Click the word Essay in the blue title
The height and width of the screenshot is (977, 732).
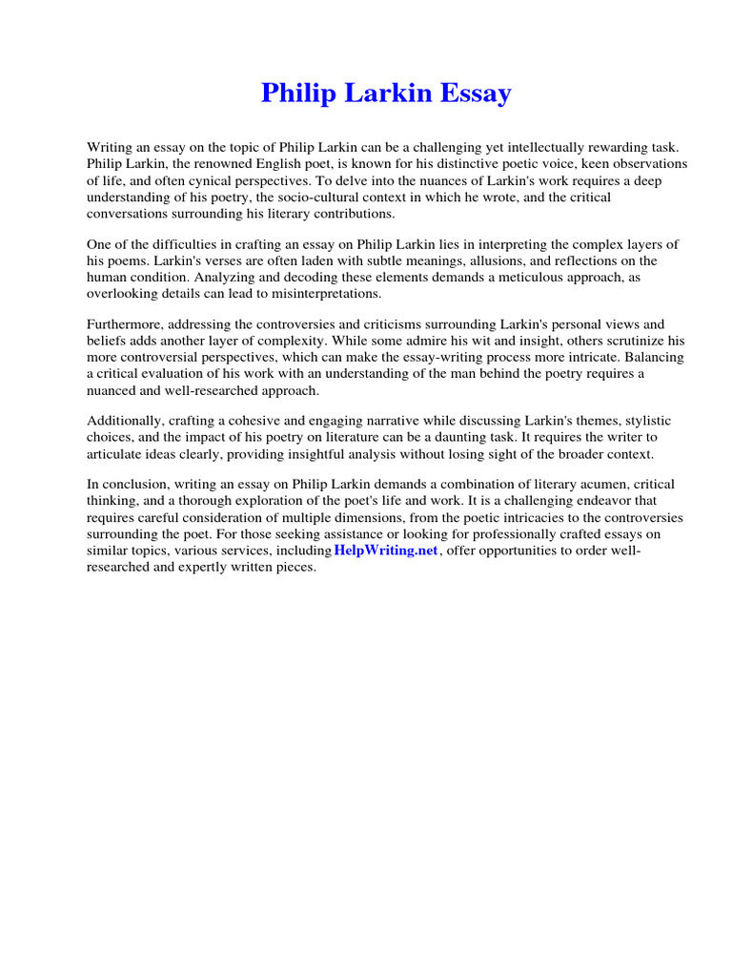pyautogui.click(x=469, y=94)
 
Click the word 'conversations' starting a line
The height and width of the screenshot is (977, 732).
pyautogui.click(x=128, y=214)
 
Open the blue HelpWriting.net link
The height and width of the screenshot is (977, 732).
pyautogui.click(x=385, y=551)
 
